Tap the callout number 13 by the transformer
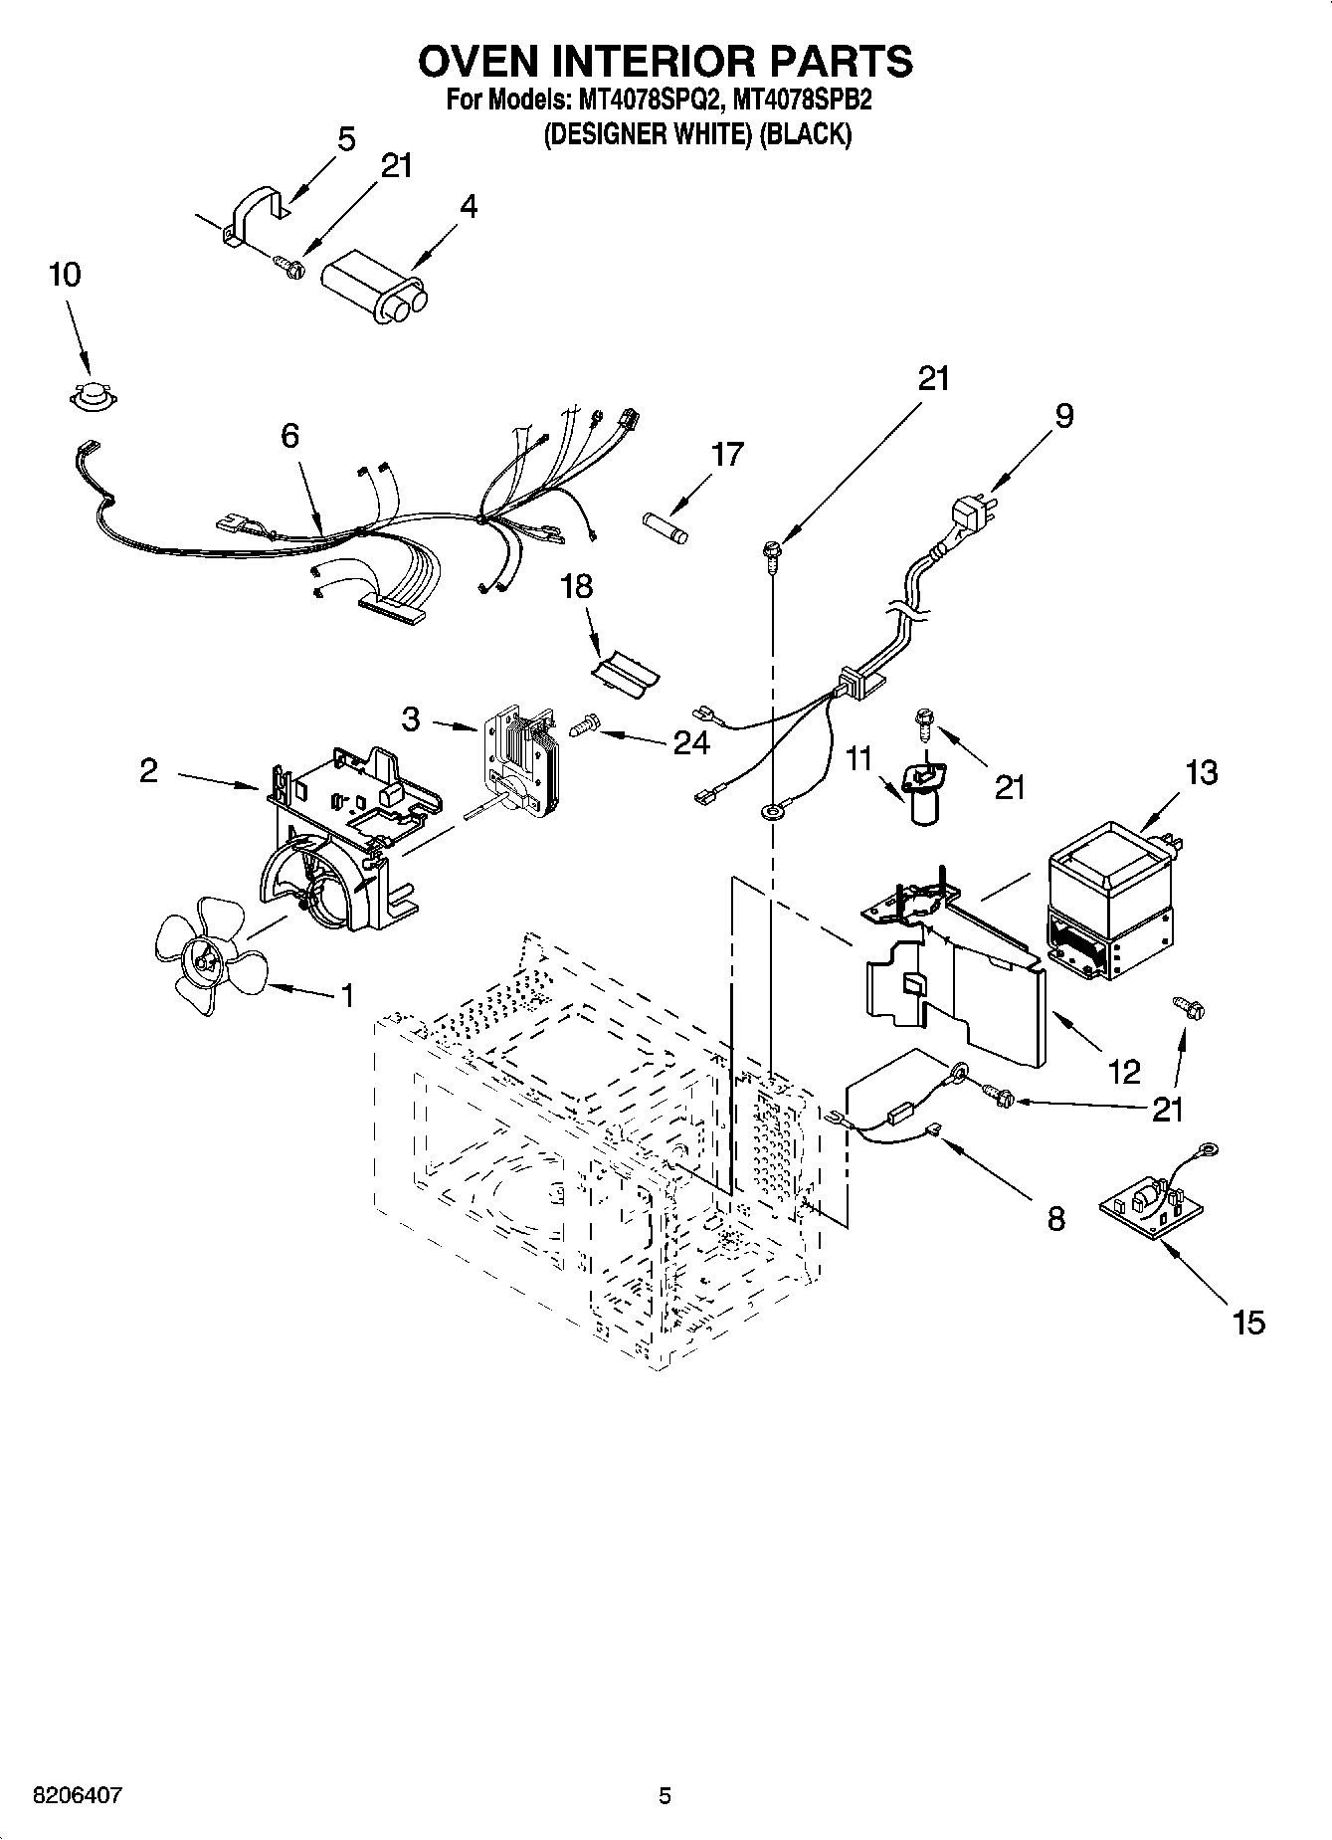1201,771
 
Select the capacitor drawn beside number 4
376,287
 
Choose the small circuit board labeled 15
1151,1210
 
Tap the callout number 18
576,586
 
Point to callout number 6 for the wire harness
289,435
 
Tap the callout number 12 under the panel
1124,1072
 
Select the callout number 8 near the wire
1055,1218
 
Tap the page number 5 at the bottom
665,1796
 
